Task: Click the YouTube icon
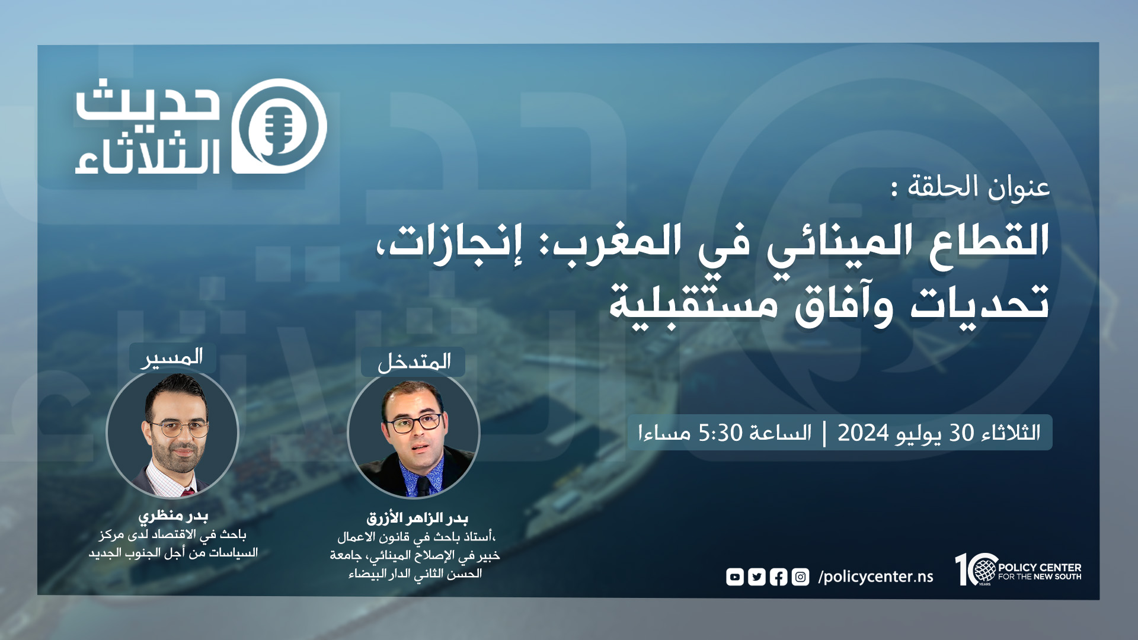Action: (x=735, y=577)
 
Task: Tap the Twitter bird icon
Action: (x=757, y=577)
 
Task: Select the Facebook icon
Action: (x=779, y=577)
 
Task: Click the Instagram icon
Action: (x=800, y=577)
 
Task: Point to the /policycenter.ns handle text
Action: (x=875, y=577)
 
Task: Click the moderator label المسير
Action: (x=172, y=357)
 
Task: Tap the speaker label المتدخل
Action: (x=414, y=361)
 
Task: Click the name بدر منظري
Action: (x=173, y=516)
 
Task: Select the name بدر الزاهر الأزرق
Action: (x=417, y=518)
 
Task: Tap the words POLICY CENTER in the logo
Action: (x=1040, y=567)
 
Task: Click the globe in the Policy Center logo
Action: (x=984, y=569)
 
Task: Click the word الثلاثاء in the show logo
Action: (x=148, y=156)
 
